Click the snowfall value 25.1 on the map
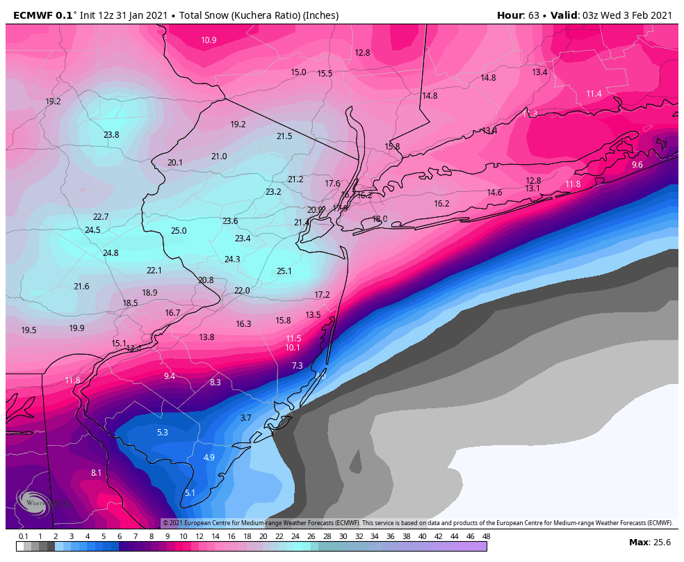click(x=284, y=271)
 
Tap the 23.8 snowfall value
click(x=111, y=135)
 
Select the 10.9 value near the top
click(x=209, y=40)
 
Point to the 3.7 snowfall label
click(x=245, y=418)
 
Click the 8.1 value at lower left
click(x=96, y=473)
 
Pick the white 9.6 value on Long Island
click(x=637, y=165)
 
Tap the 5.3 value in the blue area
click(x=162, y=433)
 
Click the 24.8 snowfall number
click(x=111, y=253)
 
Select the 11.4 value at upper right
click(x=594, y=94)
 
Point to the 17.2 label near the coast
click(x=322, y=295)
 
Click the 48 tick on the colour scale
click(x=486, y=536)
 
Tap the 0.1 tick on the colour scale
click(x=23, y=536)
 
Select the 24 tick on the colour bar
click(x=295, y=536)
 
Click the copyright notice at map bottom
click(x=417, y=522)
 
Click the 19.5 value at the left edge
click(x=28, y=330)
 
